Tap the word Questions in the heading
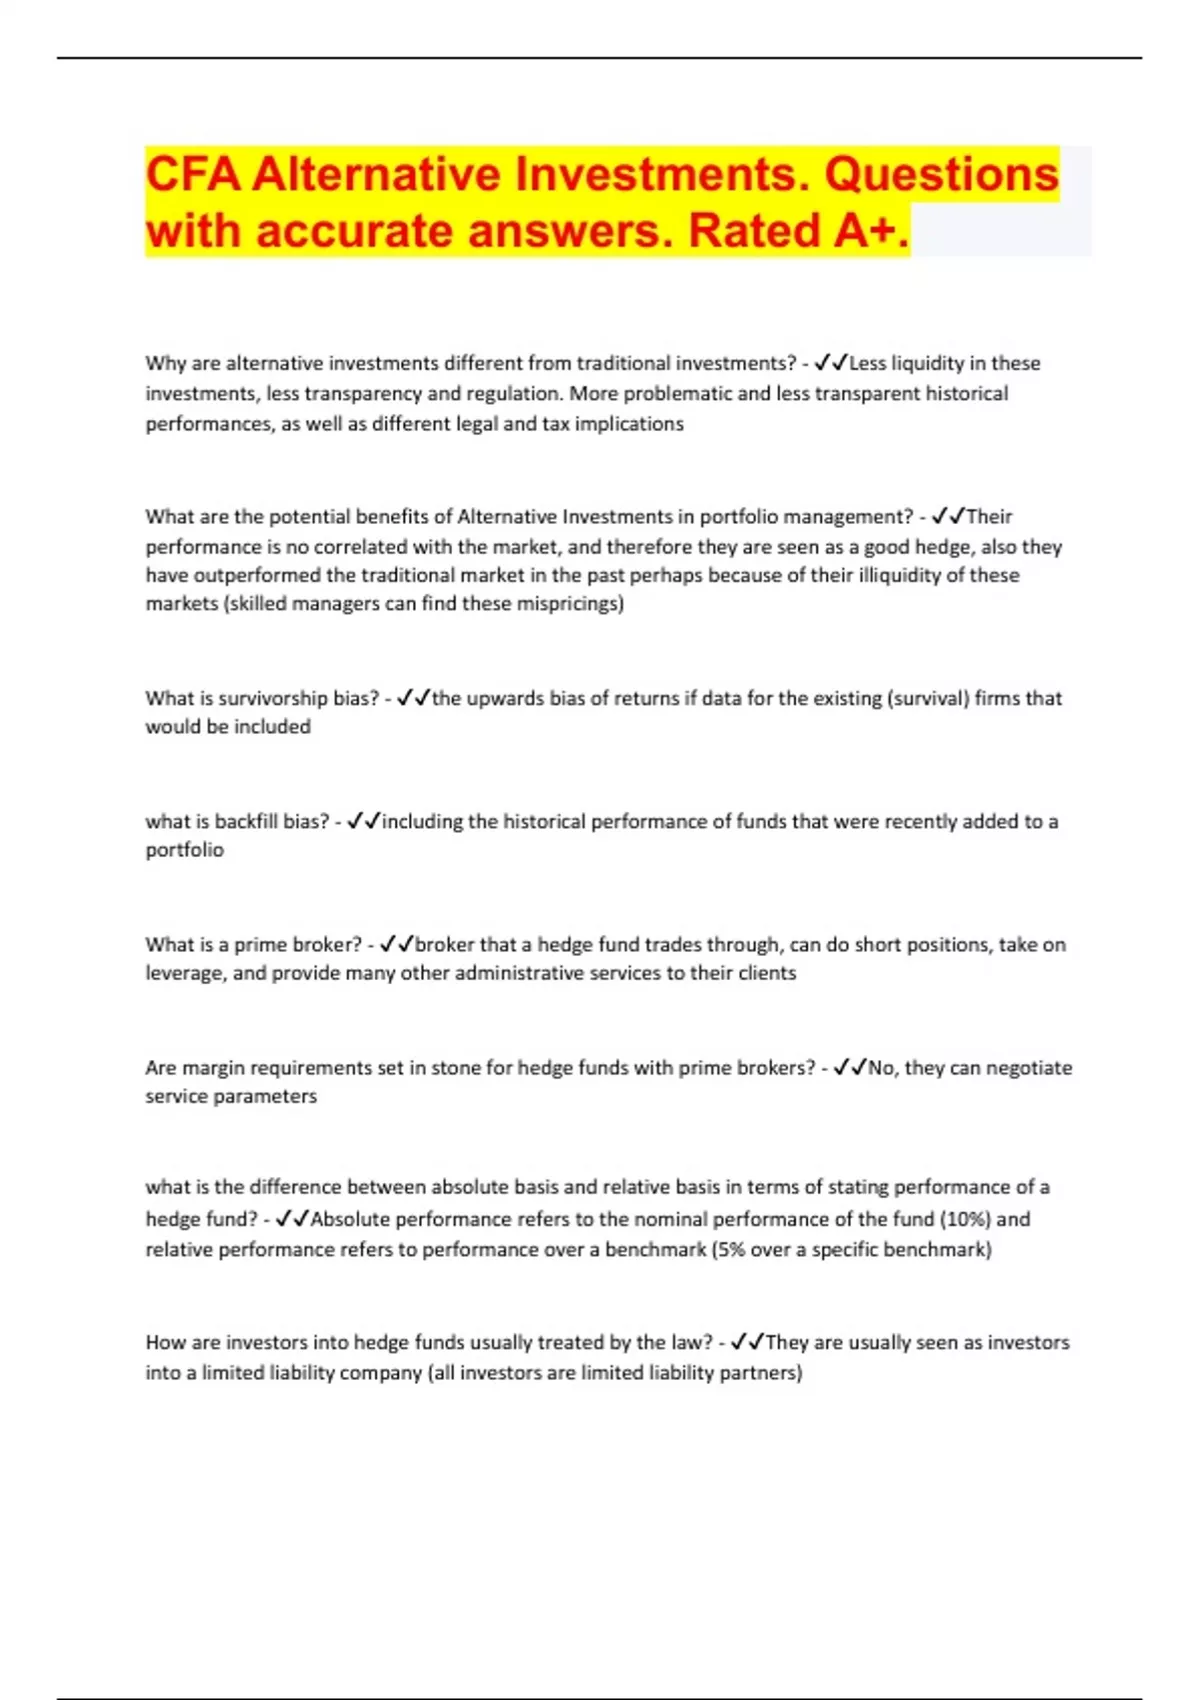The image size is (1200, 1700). tap(941, 174)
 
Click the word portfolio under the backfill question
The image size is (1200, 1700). tap(185, 850)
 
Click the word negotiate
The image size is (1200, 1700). tap(1029, 1068)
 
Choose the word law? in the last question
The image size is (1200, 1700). tap(691, 1342)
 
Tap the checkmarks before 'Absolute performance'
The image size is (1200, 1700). tap(292, 1219)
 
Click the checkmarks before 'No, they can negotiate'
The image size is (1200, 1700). tap(849, 1068)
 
